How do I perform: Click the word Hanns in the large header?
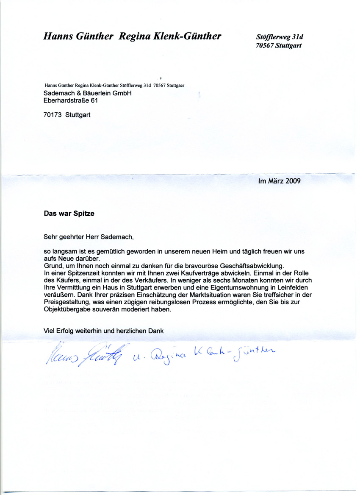58,36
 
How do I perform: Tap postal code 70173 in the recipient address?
53,114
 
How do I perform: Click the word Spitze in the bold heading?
83,214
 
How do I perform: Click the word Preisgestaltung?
66,302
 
